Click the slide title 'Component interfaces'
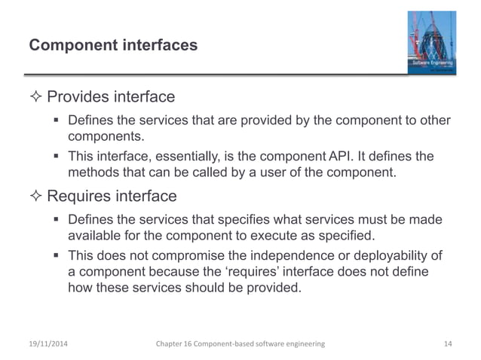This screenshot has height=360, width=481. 113,46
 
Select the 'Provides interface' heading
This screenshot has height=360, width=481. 111,97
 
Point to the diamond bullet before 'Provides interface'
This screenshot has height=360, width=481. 36,97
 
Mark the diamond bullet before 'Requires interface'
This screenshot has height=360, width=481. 36,197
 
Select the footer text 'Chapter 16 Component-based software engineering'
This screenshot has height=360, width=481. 239,343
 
